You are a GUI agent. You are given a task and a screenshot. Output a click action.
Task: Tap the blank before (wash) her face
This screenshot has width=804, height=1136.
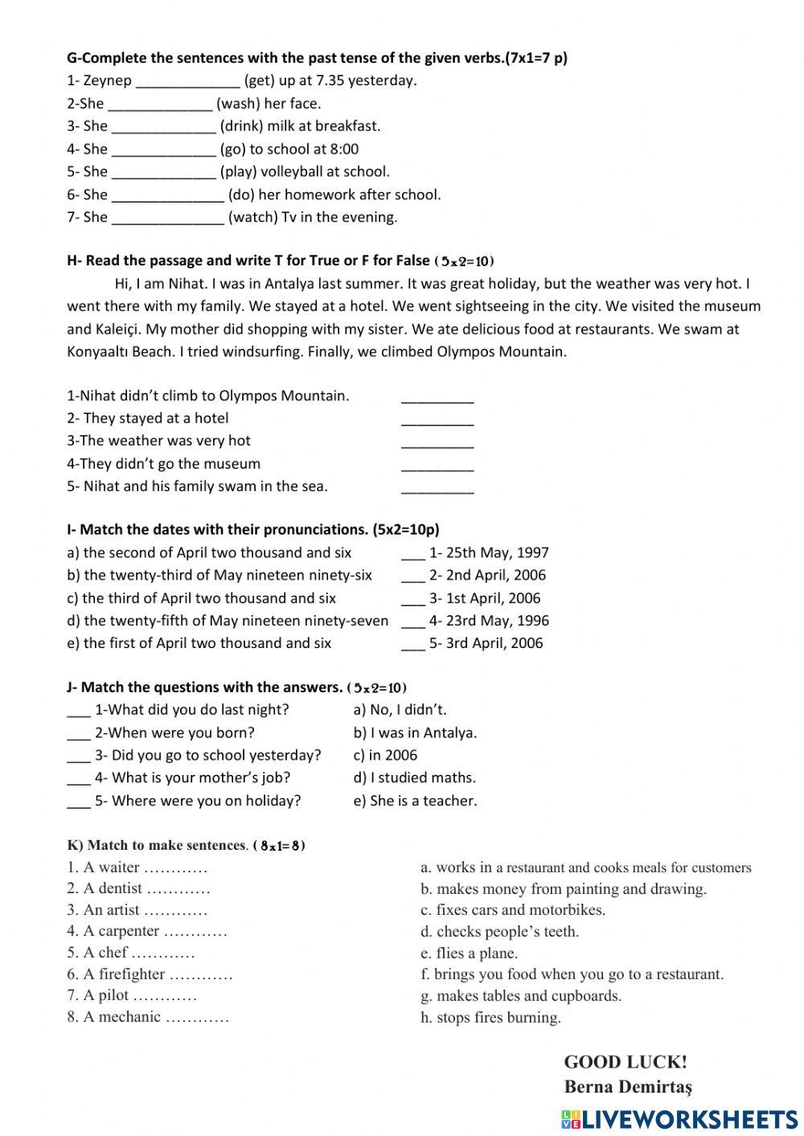click(160, 104)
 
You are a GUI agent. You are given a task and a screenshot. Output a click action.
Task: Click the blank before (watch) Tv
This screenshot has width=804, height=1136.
click(168, 218)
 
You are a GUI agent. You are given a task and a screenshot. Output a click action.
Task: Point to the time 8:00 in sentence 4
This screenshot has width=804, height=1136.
click(344, 149)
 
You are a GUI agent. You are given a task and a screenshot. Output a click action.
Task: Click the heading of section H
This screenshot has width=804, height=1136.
click(248, 260)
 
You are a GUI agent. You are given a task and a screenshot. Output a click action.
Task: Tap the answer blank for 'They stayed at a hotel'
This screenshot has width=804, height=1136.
click(437, 419)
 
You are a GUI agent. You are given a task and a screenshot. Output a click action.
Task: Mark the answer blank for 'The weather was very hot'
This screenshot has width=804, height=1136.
click(437, 441)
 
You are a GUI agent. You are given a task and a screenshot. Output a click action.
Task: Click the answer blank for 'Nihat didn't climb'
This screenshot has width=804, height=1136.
click(437, 396)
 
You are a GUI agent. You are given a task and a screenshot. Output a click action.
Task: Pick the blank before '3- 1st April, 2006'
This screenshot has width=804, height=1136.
click(412, 599)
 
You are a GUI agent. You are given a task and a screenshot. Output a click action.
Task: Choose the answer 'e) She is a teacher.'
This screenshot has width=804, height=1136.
click(415, 801)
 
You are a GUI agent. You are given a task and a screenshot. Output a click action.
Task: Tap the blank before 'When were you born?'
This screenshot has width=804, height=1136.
click(79, 734)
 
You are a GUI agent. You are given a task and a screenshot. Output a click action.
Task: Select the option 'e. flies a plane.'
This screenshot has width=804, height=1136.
click(469, 954)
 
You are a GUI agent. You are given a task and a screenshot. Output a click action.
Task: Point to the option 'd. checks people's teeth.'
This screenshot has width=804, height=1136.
click(499, 932)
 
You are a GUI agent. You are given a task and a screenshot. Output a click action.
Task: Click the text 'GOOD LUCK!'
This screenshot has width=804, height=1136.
click(626, 1062)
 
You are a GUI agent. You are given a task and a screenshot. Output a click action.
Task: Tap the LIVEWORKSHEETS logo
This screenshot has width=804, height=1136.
click(679, 1119)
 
